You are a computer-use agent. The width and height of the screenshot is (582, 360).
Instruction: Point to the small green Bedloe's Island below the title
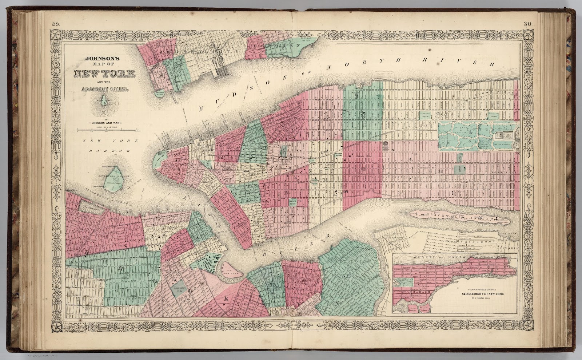[104, 100]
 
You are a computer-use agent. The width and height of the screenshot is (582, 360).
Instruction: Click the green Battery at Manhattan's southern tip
[159, 159]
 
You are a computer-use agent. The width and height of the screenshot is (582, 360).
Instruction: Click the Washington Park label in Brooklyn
[179, 290]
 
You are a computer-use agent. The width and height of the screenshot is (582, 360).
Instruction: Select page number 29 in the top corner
[55, 24]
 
